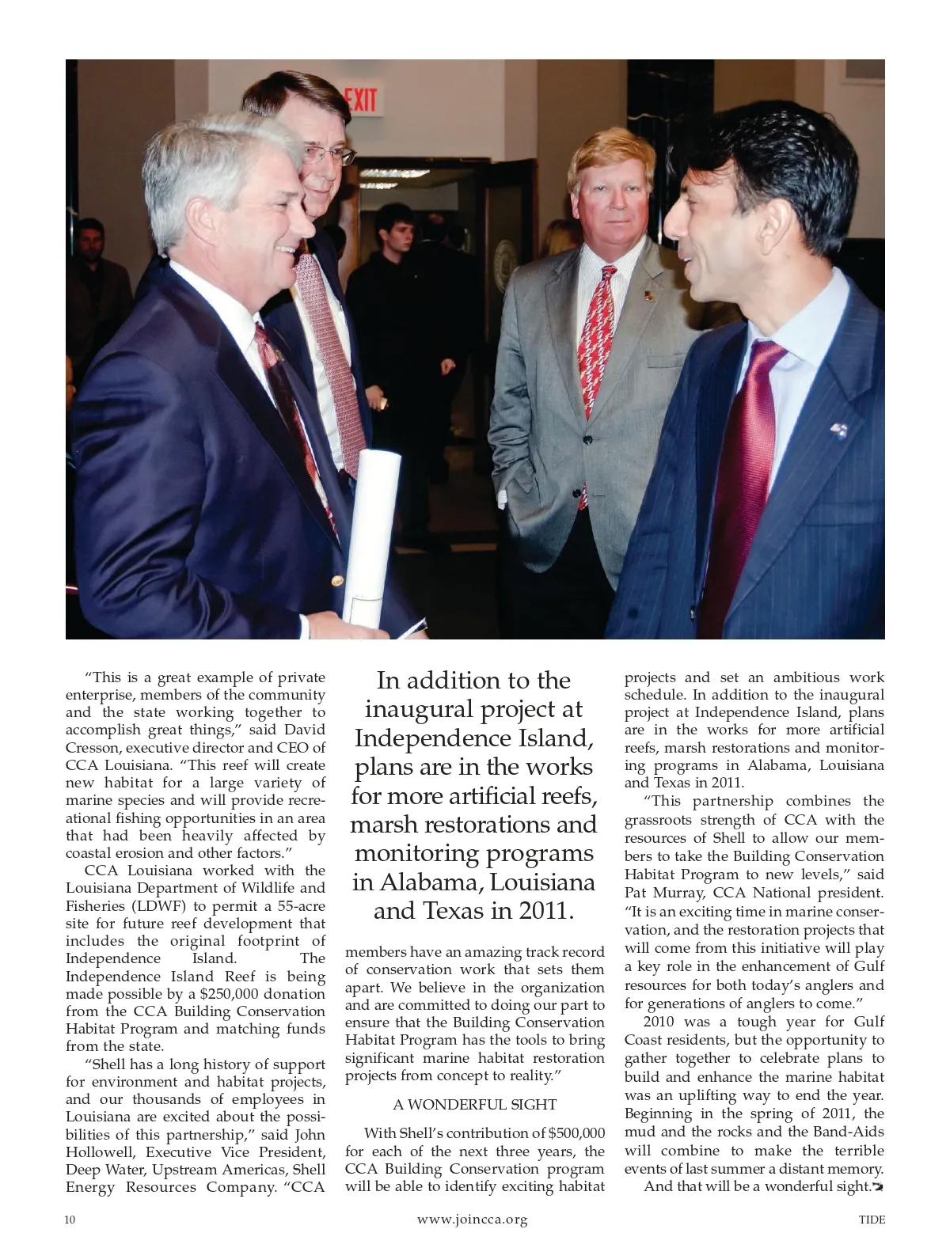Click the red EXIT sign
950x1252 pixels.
(x=360, y=101)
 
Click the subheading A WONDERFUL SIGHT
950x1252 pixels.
(x=475, y=1104)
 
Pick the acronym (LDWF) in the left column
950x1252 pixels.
(x=158, y=905)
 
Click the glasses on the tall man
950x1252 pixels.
(x=325, y=154)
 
